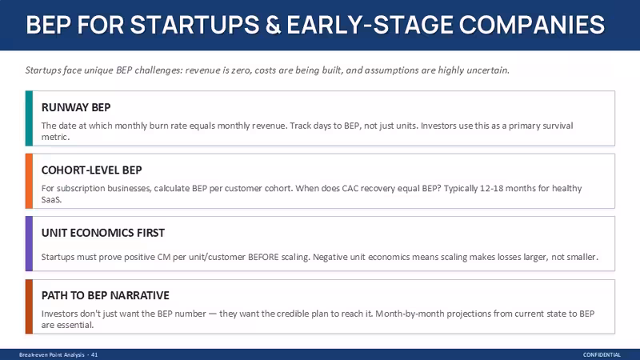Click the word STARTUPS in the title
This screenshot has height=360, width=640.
194,25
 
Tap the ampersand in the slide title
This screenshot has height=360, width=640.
273,25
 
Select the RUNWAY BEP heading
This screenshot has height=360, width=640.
76,107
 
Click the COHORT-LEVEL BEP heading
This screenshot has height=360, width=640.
91,170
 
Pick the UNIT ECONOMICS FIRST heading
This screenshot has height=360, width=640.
103,233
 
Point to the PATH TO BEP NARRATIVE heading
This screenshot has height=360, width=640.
106,295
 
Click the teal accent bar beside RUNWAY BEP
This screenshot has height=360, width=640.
29,118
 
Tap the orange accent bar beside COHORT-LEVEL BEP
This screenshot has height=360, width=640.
29,181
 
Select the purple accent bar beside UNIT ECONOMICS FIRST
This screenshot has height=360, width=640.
29,244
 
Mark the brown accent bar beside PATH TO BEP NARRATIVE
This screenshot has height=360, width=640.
29,306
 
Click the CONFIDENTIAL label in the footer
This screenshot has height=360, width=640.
602,354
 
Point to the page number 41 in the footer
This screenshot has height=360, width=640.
94,354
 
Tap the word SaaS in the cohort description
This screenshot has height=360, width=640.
51,199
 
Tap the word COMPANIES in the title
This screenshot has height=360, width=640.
531,25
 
